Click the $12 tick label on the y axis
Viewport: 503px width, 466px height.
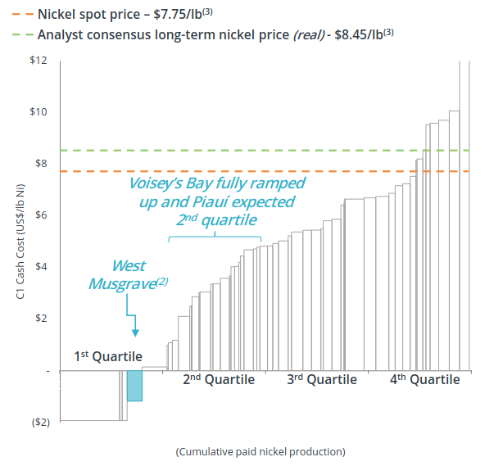(38, 61)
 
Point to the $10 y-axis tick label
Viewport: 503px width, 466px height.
(38, 112)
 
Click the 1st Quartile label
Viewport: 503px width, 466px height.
(108, 356)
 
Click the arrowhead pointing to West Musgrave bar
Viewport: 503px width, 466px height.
(135, 331)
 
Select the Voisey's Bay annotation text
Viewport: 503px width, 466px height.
(216, 201)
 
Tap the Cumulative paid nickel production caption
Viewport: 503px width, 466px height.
(260, 451)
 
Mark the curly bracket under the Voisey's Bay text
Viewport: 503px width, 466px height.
(215, 237)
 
